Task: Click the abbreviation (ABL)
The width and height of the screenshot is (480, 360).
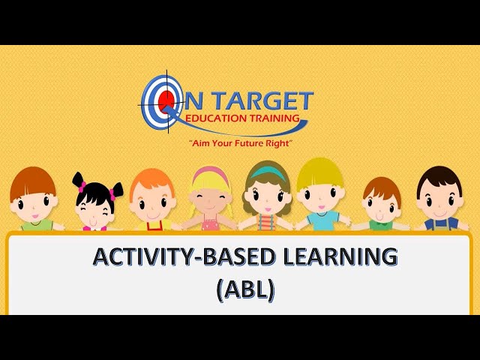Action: [244, 289]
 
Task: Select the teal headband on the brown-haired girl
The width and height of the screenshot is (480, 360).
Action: [266, 172]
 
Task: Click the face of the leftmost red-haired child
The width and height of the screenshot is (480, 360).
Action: [34, 201]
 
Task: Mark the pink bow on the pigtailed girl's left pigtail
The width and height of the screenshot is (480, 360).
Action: [80, 186]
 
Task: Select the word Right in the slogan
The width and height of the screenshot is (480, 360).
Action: [275, 142]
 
